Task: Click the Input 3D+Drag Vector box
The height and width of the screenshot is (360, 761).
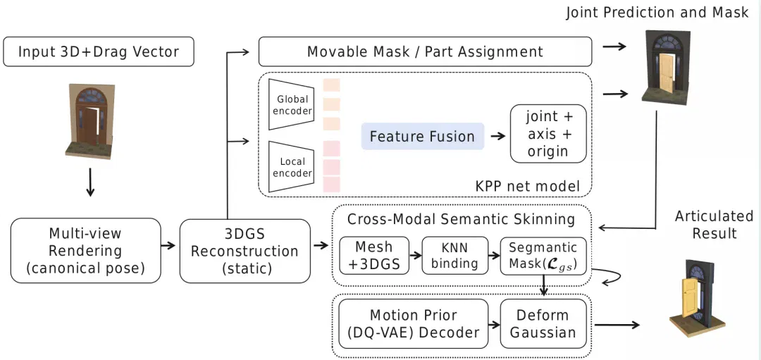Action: click(x=99, y=51)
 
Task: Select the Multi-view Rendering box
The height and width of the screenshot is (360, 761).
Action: click(x=85, y=250)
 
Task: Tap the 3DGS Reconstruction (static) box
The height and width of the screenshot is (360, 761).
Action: click(x=245, y=251)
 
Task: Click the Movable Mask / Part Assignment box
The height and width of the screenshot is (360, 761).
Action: click(x=425, y=51)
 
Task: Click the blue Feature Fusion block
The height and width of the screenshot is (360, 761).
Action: click(x=422, y=136)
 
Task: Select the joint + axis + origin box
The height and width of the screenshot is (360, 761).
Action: click(x=548, y=134)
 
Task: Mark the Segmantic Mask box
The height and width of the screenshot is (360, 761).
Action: click(x=543, y=255)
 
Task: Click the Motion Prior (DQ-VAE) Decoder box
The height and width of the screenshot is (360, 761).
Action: click(x=414, y=324)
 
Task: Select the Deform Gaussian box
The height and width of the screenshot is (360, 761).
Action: click(x=543, y=324)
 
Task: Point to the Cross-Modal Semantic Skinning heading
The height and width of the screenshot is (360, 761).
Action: click(x=461, y=219)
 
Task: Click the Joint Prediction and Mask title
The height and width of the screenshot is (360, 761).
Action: click(x=657, y=13)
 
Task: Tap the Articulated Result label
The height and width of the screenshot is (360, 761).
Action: click(x=714, y=224)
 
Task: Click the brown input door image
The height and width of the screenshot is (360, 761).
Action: click(x=91, y=121)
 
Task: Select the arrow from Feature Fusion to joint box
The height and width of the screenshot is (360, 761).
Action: click(x=498, y=137)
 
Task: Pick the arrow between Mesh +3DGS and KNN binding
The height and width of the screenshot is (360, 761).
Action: click(x=416, y=255)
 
